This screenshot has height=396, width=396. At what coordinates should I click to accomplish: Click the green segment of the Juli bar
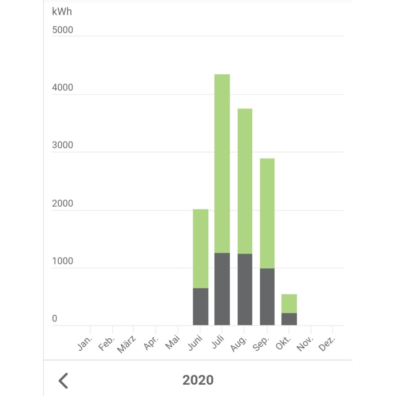click(x=222, y=163)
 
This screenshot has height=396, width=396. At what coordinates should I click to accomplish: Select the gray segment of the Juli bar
click(x=222, y=289)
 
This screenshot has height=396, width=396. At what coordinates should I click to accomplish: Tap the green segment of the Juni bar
click(x=201, y=248)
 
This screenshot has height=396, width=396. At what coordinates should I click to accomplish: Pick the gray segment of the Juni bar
click(x=201, y=307)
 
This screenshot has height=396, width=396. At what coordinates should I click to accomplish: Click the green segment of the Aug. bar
click(x=245, y=181)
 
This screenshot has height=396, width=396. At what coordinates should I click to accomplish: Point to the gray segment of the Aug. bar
click(x=245, y=289)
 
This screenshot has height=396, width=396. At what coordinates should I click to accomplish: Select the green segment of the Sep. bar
click(x=267, y=213)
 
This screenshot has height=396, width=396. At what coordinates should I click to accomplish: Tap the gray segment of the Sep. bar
click(x=267, y=297)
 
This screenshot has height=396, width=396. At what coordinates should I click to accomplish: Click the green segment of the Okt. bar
click(x=289, y=303)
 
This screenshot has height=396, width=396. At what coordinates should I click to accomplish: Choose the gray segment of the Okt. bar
click(x=289, y=319)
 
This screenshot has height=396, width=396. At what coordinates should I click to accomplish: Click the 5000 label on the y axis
click(x=62, y=30)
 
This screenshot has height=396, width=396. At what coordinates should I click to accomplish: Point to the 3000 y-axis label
click(x=62, y=145)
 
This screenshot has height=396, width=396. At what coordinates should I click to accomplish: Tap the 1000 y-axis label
click(x=62, y=261)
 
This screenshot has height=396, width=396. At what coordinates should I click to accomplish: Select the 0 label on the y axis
click(x=55, y=319)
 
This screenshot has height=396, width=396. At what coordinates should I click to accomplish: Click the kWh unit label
click(x=62, y=12)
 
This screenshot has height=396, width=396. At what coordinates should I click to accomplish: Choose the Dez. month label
click(x=327, y=344)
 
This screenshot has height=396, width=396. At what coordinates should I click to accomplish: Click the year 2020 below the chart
click(x=198, y=380)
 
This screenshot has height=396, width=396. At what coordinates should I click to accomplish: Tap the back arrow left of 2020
click(x=63, y=381)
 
